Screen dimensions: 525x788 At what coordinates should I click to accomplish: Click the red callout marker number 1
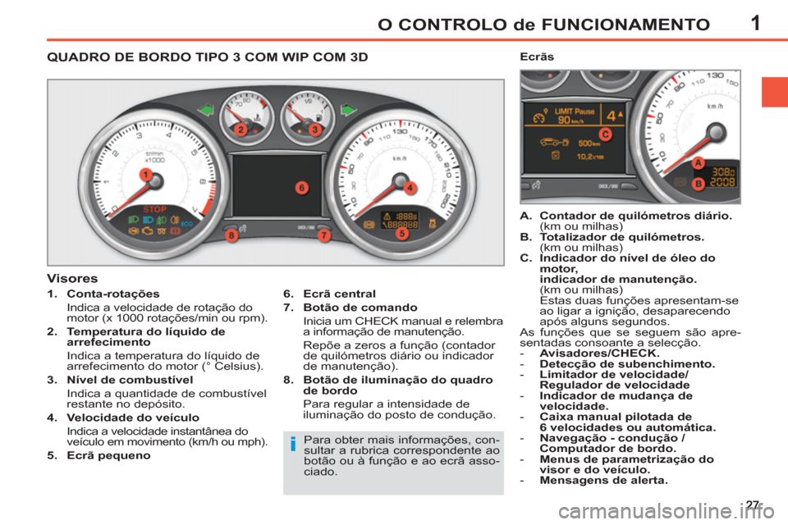[144, 175]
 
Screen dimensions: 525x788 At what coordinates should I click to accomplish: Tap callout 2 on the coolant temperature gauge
[241, 130]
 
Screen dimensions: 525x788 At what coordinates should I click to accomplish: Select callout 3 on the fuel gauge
[314, 130]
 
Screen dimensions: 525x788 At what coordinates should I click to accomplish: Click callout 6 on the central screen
[300, 188]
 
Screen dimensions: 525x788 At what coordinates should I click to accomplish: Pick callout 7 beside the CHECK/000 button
[323, 235]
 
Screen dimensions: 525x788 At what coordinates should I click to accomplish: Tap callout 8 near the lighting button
[233, 235]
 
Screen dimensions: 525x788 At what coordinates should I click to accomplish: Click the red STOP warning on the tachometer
[155, 209]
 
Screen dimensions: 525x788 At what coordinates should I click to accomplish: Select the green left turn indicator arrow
[206, 109]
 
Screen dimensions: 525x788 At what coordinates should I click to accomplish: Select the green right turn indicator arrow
[349, 109]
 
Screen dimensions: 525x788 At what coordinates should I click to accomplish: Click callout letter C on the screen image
[605, 133]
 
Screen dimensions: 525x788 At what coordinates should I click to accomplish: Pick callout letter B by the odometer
[698, 184]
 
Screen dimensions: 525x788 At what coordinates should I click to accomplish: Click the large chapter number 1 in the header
[755, 22]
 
